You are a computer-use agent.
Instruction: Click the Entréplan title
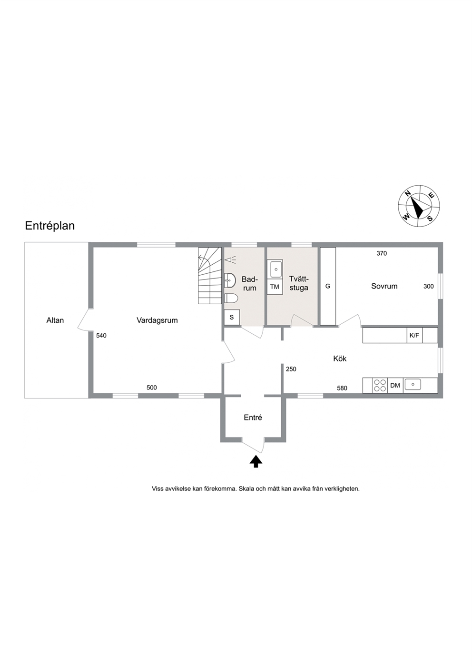point(50,226)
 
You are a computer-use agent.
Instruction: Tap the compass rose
point(419,206)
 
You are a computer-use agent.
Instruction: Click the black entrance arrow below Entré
point(256,461)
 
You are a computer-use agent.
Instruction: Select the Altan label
point(55,320)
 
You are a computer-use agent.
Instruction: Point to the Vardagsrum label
point(157,320)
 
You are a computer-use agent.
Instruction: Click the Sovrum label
point(384,286)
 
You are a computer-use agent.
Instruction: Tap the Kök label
point(340,359)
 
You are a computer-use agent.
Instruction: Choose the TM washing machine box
point(275,287)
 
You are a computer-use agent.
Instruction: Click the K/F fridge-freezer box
point(414,336)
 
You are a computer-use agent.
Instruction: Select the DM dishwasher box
point(395,386)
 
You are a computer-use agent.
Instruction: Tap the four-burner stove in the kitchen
point(380,386)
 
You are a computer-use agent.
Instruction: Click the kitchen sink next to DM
point(413,385)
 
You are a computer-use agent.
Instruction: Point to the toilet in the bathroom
point(231,298)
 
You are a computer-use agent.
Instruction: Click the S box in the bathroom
point(232,317)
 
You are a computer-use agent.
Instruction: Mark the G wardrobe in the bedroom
point(328,286)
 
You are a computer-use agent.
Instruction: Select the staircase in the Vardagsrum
point(210,276)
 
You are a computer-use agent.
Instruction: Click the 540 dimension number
point(101,336)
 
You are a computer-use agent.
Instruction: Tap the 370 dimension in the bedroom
point(382,253)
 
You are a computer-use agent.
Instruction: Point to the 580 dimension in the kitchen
point(342,388)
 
